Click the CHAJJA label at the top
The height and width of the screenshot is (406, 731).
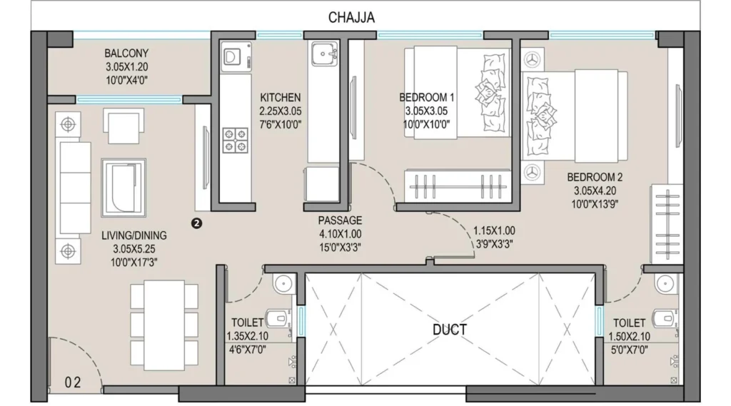click(351, 17)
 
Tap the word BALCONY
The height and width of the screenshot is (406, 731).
click(126, 53)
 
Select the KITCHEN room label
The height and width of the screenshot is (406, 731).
click(280, 98)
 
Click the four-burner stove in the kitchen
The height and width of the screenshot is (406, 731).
click(235, 141)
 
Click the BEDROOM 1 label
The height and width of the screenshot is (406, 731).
click(426, 98)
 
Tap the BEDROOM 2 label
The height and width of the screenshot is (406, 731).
click(595, 177)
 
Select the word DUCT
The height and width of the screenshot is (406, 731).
click(450, 330)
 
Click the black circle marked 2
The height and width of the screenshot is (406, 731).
click(197, 223)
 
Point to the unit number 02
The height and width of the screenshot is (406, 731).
click(73, 382)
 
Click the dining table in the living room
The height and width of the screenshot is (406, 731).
click(164, 325)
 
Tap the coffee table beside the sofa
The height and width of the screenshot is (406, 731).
click(123, 188)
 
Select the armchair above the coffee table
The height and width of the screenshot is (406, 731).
click(123, 126)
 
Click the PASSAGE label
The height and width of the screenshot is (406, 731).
click(340, 220)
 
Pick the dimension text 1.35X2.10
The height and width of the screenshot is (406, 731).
click(247, 336)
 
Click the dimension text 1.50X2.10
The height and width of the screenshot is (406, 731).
click(629, 337)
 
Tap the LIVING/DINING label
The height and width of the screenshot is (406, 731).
click(133, 235)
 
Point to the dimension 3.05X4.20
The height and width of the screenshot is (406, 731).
click(595, 191)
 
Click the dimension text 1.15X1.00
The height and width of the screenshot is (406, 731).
click(494, 230)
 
